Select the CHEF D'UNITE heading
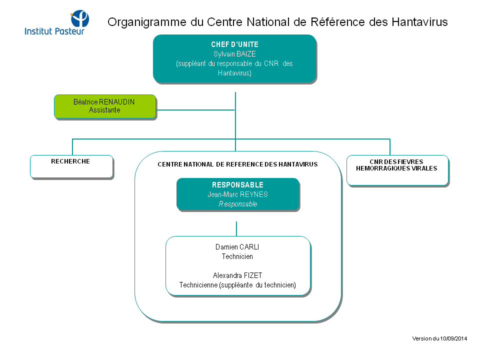point(234,44)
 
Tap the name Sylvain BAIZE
point(234,54)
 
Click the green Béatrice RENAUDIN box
point(104,106)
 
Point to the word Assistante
point(104,110)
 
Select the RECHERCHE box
point(71,166)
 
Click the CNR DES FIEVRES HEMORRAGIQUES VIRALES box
point(397,170)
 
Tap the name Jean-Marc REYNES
point(237,194)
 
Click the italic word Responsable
point(238,204)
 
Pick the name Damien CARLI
point(237,247)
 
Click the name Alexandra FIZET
point(237,275)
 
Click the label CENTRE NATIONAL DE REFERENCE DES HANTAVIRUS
point(237,164)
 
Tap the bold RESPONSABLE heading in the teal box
point(237,185)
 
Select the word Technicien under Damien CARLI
point(237,256)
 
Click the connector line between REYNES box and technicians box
point(236,228)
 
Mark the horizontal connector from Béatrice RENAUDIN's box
point(195,109)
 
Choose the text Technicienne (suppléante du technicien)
point(237,285)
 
